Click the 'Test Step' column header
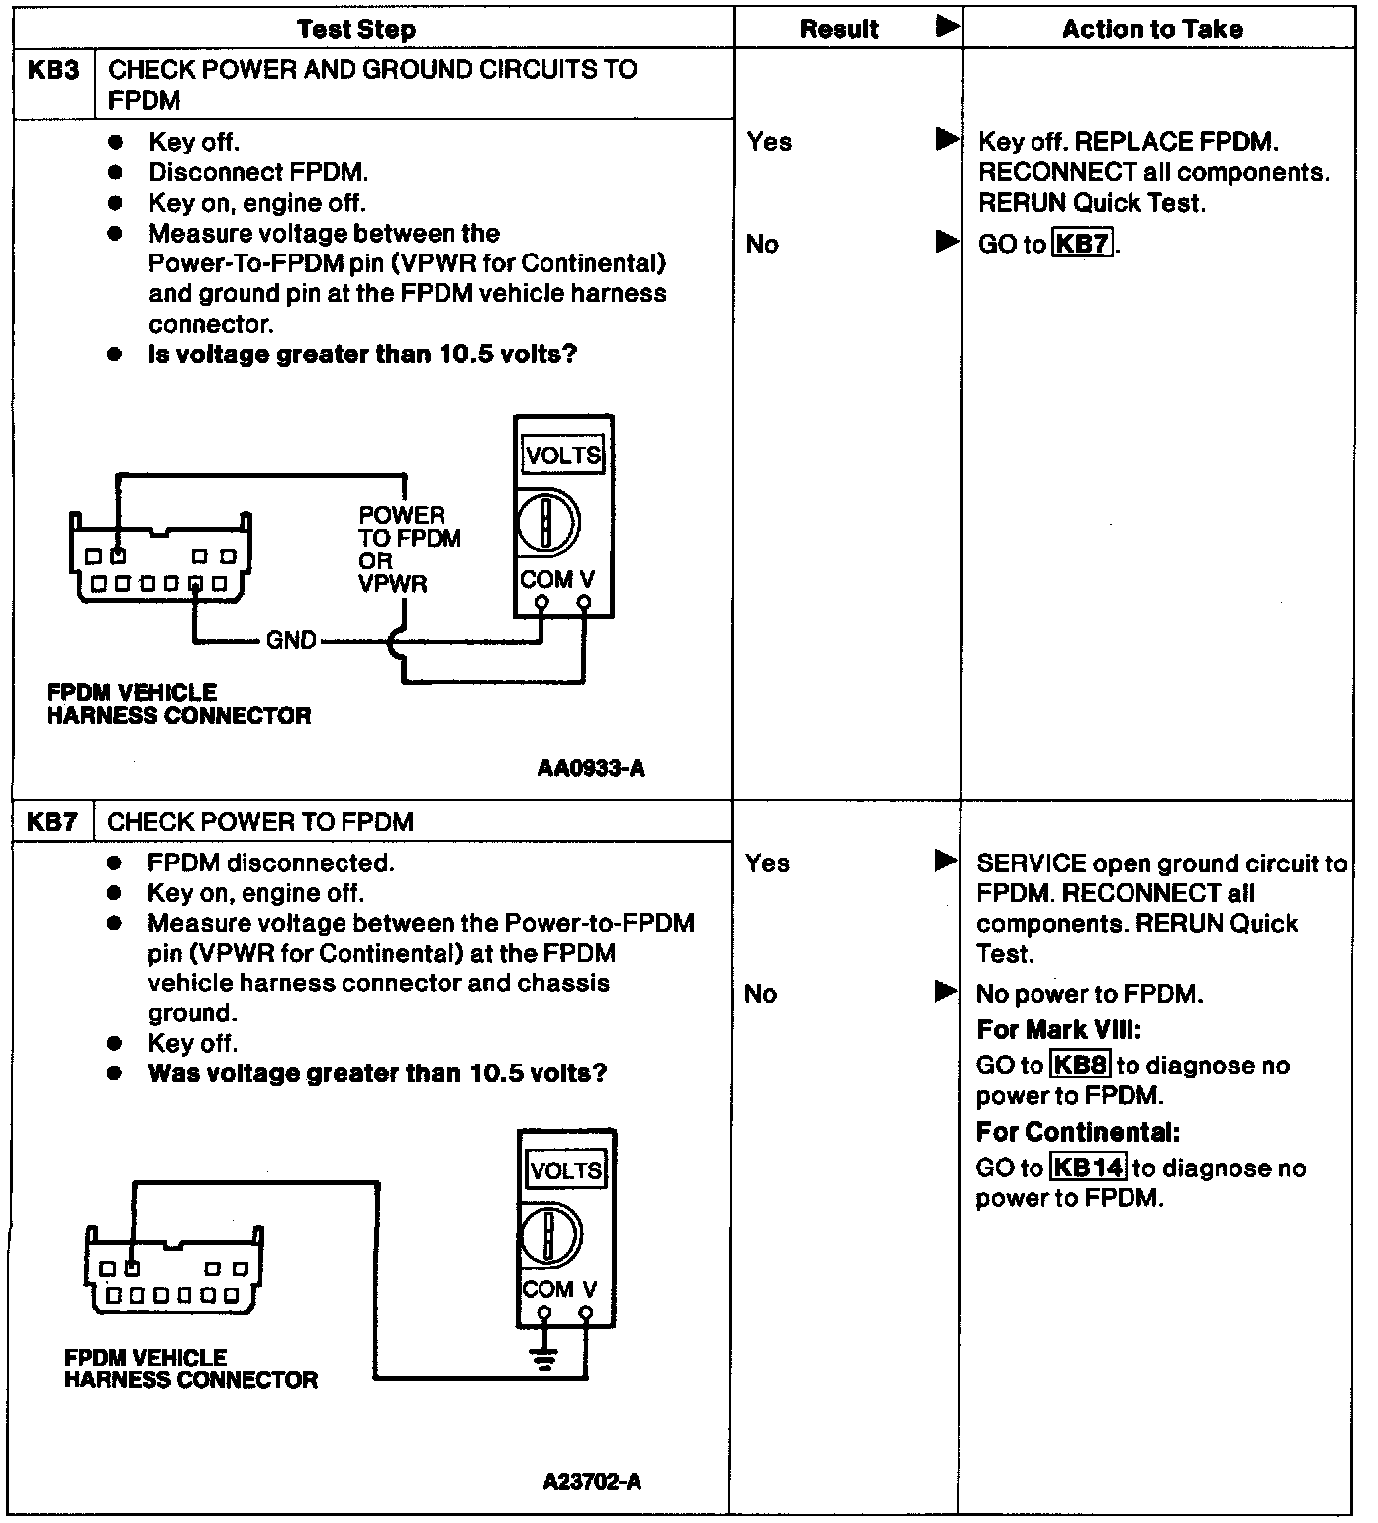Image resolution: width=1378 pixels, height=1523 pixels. pyautogui.click(x=356, y=29)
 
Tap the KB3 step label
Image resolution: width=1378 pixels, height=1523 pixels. pyautogui.click(x=53, y=71)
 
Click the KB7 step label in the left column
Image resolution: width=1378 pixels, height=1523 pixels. pyautogui.click(x=53, y=822)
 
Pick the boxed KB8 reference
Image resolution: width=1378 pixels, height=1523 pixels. pyautogui.click(x=1080, y=1066)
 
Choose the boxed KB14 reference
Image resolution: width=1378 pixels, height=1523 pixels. pyautogui.click(x=1087, y=1168)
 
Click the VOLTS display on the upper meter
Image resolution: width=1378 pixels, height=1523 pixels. pyautogui.click(x=563, y=456)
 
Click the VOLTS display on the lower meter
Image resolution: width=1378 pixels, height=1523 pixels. pyautogui.click(x=566, y=1170)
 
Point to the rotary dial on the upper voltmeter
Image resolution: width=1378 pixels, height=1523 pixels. pyautogui.click(x=547, y=522)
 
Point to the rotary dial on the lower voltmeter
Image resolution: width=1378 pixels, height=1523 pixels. pyautogui.click(x=550, y=1235)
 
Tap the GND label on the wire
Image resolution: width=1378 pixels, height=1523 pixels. pyautogui.click(x=291, y=641)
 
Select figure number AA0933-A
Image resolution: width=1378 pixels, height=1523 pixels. pyautogui.click(x=591, y=768)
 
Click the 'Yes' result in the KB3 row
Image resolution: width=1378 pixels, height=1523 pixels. pyautogui.click(x=769, y=142)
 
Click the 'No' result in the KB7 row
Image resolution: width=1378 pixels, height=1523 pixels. pyautogui.click(x=760, y=994)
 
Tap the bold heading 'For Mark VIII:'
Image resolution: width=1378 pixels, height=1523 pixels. pyautogui.click(x=1059, y=1030)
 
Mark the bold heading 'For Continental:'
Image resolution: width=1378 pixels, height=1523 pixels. pyautogui.click(x=1078, y=1132)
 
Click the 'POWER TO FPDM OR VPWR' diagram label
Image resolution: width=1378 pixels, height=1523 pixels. pyautogui.click(x=408, y=550)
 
